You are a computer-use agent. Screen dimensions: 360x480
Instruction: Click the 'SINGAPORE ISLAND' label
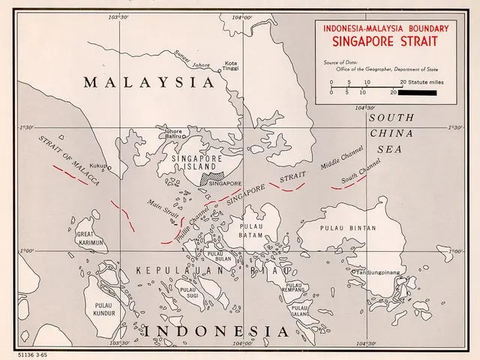[x=194, y=163]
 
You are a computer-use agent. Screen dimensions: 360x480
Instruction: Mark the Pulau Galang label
[x=300, y=310]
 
